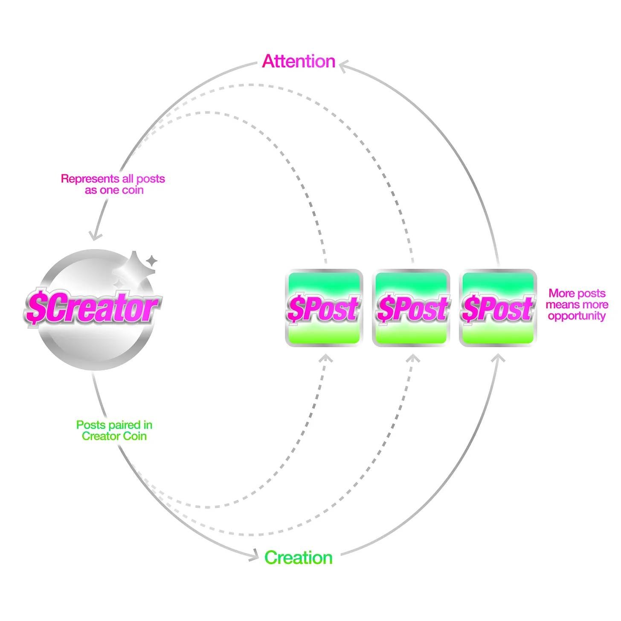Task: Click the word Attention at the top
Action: click(299, 61)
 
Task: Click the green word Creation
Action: click(298, 558)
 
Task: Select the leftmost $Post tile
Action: click(324, 308)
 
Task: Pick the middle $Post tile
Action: click(411, 308)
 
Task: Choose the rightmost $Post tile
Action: click(498, 308)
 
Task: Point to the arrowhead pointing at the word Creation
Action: click(255, 555)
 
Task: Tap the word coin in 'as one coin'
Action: click(133, 190)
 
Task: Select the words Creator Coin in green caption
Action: click(114, 436)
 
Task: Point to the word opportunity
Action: click(577, 316)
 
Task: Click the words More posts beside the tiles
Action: click(577, 293)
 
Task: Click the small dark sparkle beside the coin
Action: click(151, 260)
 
